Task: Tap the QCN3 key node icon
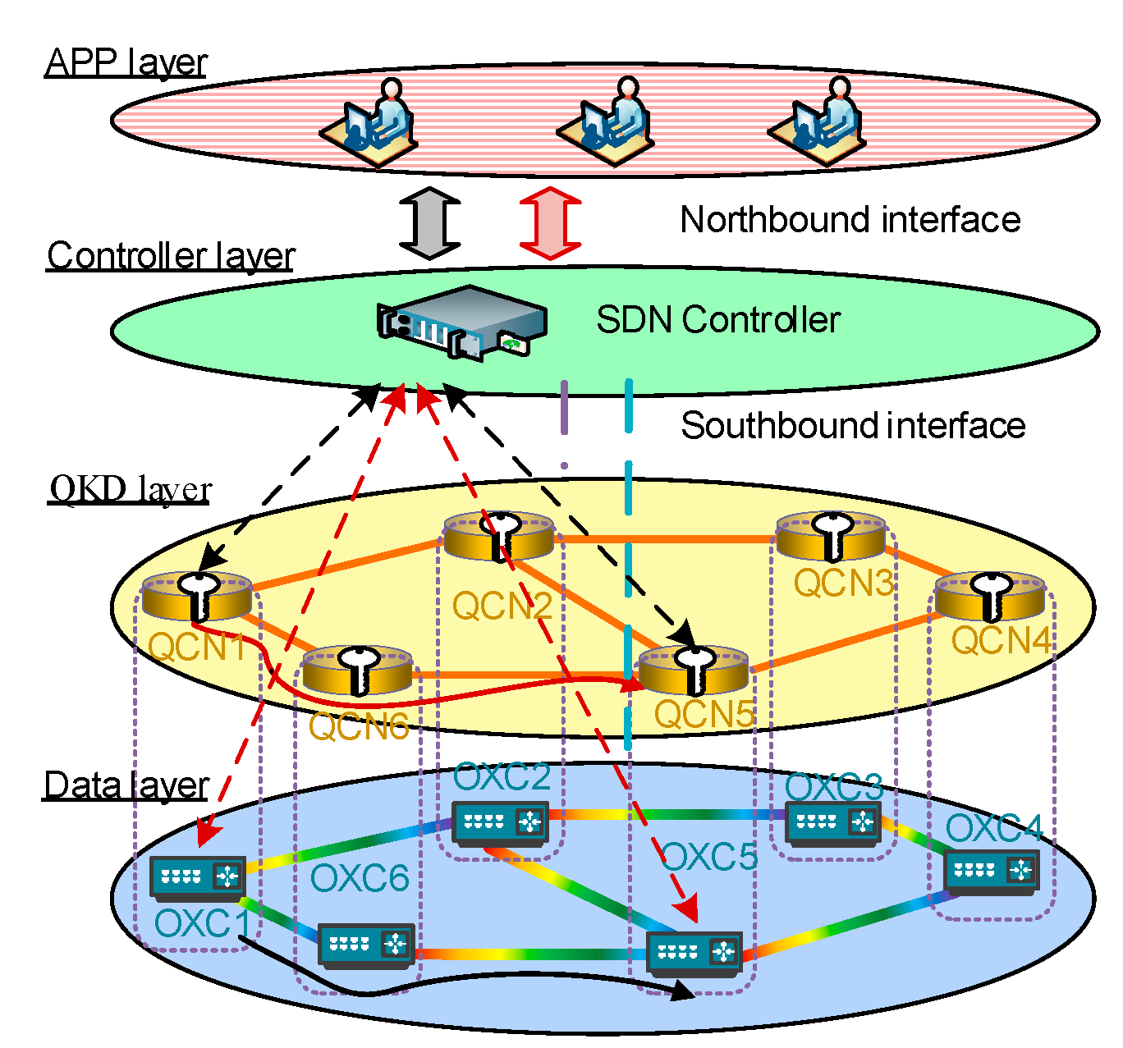coord(831,536)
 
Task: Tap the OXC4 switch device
coord(991,871)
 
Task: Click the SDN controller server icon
coord(461,322)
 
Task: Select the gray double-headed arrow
coord(429,223)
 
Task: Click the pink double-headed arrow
coord(551,223)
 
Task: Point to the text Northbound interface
coord(850,220)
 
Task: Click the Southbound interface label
coord(852,426)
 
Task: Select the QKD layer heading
coord(131,489)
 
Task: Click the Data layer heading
coord(126,785)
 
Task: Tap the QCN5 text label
coord(704,714)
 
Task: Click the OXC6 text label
coord(359,879)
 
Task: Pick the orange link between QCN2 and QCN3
coord(665,539)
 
